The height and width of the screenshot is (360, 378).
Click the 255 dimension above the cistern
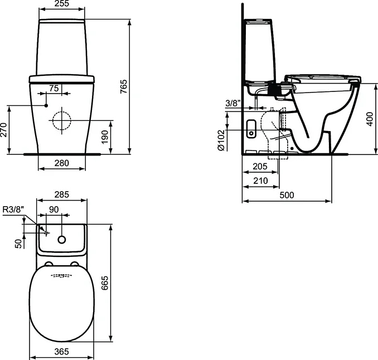pyautogui.click(x=62, y=3)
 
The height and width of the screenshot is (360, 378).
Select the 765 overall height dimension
pyautogui.click(x=123, y=86)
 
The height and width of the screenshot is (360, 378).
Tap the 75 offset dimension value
pyautogui.click(x=54, y=89)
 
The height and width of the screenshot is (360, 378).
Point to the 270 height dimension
pyautogui.click(x=3, y=130)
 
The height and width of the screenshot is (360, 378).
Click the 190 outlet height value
pyautogui.click(x=105, y=137)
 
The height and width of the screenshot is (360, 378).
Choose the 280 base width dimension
pyautogui.click(x=62, y=163)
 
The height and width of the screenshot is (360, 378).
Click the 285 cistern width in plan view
pyautogui.click(x=62, y=194)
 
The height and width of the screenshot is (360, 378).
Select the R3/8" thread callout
pyautogui.click(x=13, y=210)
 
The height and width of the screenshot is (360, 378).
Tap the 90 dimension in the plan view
pyautogui.click(x=54, y=210)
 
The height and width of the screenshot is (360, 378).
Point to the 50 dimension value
pyautogui.click(x=18, y=244)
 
